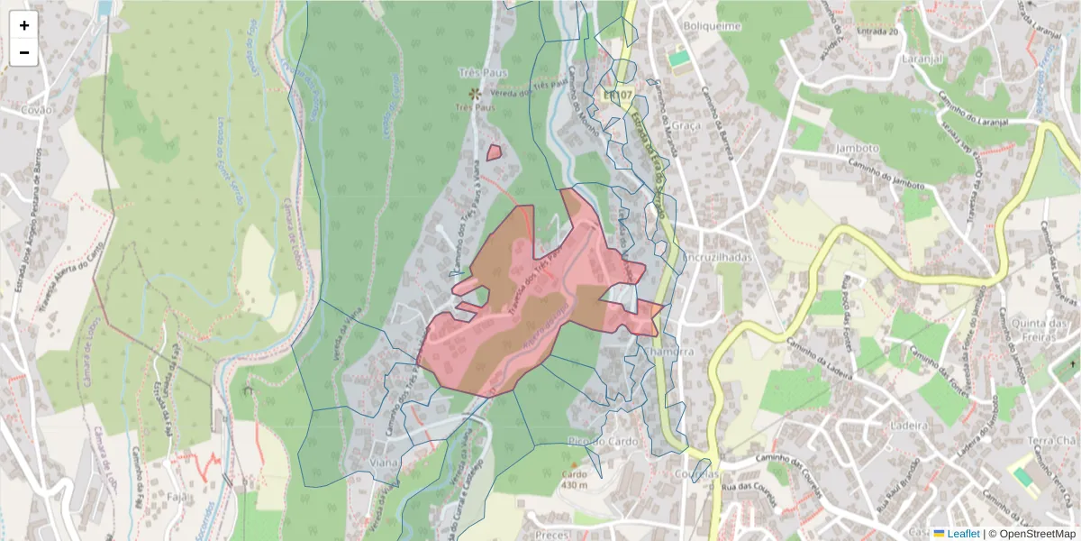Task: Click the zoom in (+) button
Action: (24, 25)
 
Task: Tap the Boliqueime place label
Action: (712, 26)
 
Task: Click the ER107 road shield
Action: (619, 94)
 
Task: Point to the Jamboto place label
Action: (857, 148)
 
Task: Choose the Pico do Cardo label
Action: (604, 441)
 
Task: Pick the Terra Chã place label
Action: (1052, 440)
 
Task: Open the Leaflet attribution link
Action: (962, 534)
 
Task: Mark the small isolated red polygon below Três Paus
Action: (494, 152)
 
